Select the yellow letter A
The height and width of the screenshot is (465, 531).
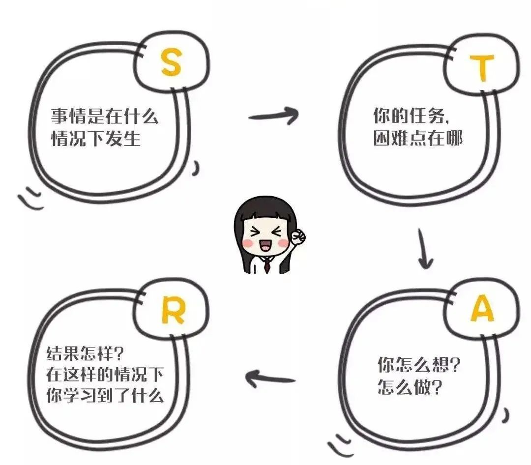[x=482, y=309]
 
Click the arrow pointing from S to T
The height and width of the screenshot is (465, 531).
[x=273, y=116]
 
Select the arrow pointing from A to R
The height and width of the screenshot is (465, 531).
[x=270, y=378]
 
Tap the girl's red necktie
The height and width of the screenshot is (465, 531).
[x=266, y=265]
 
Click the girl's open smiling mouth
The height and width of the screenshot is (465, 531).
[x=266, y=246]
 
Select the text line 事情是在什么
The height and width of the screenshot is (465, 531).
[x=105, y=117]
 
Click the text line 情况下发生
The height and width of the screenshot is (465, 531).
[x=96, y=139]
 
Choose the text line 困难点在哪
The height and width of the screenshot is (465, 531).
[x=418, y=139]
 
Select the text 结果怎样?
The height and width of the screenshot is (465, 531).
[x=86, y=353]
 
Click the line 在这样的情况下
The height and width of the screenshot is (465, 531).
[x=105, y=375]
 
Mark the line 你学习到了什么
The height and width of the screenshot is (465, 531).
[x=105, y=396]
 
